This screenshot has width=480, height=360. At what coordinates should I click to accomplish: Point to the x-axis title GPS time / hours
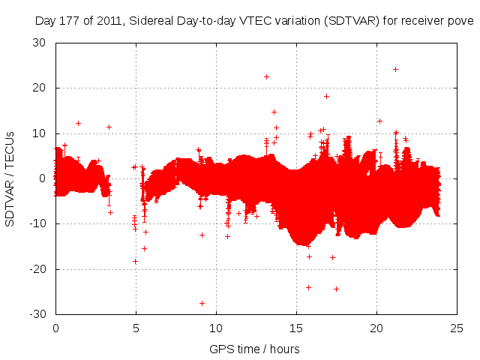coord(254,349)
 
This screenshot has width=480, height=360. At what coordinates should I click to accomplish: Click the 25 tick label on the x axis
coord(457,327)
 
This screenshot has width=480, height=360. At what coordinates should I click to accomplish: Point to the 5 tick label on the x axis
coord(136,327)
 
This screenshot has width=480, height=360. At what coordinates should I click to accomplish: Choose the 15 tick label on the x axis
coord(296,327)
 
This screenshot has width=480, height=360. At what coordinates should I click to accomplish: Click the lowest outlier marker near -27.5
coord(202,303)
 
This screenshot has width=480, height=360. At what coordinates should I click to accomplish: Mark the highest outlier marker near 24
coord(395,69)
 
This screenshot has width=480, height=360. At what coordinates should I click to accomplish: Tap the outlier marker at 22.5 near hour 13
coord(266,76)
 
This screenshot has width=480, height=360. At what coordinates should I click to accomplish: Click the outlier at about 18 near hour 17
coord(326,96)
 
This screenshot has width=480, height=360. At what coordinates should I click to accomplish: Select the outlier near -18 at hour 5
coord(135,261)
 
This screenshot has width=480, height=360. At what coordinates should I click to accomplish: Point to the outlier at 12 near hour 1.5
coord(78,123)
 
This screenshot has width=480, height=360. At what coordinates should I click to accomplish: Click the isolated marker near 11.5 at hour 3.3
coord(109,127)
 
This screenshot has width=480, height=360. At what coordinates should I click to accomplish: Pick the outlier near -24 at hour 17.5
coord(336,289)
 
